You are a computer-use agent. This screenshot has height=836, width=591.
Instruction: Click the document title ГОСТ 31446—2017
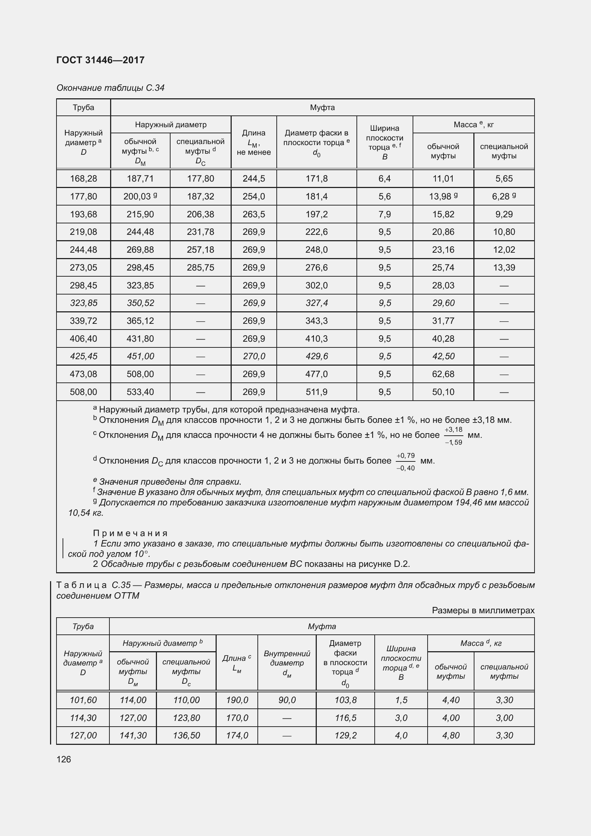point(100,60)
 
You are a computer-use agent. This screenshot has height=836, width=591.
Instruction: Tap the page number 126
point(64,759)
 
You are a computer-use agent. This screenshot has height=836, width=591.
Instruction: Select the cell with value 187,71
point(140,178)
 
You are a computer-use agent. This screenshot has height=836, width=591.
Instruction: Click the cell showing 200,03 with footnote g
point(140,196)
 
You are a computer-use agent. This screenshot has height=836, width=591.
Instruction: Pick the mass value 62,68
point(443,374)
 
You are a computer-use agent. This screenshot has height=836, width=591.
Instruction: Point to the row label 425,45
point(83,356)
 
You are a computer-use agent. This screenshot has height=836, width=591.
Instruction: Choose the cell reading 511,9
point(316,392)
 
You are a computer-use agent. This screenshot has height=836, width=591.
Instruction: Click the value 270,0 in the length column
point(254,356)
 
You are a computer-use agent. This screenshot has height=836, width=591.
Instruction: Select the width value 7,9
point(385,214)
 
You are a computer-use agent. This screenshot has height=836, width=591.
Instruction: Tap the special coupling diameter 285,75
point(200,268)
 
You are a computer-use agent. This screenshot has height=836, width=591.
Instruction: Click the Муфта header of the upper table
point(322,108)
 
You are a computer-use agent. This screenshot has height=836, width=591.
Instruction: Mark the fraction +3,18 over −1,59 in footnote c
point(453,435)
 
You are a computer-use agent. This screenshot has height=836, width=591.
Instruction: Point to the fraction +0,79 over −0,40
point(405,461)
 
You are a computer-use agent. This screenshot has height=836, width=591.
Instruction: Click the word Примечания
point(130,533)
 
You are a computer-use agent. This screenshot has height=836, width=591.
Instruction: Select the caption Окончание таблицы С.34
point(110,88)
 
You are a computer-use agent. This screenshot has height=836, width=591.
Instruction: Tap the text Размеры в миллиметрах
point(483,610)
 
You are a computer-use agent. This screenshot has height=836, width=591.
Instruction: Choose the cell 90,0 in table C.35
point(287,700)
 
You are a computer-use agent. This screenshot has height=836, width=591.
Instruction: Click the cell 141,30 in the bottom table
point(133,735)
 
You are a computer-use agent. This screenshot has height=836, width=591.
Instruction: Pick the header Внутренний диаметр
point(287,662)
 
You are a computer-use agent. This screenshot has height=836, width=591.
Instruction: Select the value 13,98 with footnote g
point(443,196)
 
